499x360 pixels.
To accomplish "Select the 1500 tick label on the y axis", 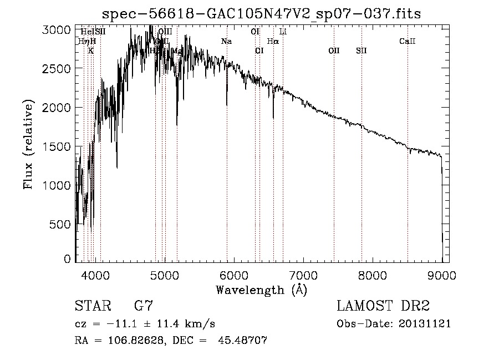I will click(x=57, y=146).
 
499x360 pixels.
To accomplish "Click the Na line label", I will click(x=226, y=42).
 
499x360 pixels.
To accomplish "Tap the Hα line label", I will click(x=273, y=41).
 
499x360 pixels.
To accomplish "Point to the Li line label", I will click(x=283, y=32).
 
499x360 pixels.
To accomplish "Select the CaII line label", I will click(x=408, y=42).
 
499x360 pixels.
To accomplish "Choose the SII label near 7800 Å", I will click(x=361, y=51).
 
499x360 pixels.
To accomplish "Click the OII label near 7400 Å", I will click(x=334, y=51).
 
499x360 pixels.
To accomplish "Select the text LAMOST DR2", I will click(x=383, y=306).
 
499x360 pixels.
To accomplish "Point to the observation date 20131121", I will click(x=425, y=323).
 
